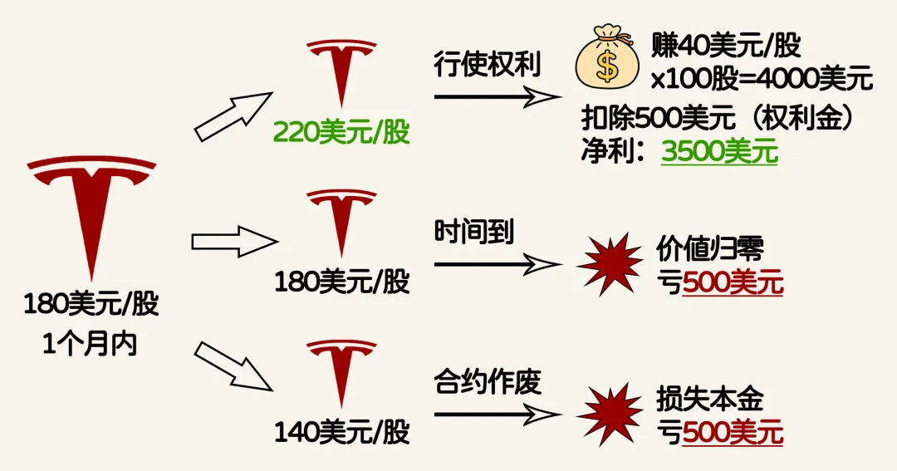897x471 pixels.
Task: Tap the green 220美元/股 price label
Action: (342, 132)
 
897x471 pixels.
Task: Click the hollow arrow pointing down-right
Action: (233, 365)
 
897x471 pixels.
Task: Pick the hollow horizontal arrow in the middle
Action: (233, 242)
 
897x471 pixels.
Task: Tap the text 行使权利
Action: (488, 64)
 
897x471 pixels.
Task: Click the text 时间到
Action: (474, 232)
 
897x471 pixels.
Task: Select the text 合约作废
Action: (488, 382)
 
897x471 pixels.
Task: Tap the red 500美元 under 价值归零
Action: (733, 283)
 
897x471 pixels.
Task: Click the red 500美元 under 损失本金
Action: (733, 433)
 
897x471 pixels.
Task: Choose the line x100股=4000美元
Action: (761, 80)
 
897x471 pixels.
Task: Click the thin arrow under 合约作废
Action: (498, 412)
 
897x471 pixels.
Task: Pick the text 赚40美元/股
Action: (726, 47)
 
